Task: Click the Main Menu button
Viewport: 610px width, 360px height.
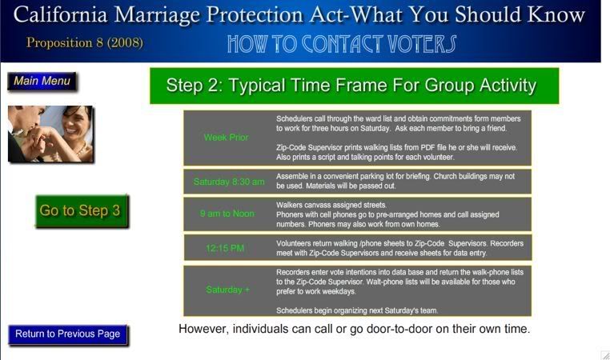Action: tap(42, 82)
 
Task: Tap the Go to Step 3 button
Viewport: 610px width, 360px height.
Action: tap(82, 210)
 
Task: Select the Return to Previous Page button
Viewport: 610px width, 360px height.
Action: tap(68, 334)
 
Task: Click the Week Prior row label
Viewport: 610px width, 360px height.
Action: tap(226, 138)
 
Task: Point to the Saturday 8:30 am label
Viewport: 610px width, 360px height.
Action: tap(229, 182)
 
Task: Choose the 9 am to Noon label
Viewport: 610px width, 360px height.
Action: tap(227, 214)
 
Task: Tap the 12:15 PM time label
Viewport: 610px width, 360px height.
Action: tap(225, 248)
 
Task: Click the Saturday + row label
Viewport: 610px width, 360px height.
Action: tap(227, 290)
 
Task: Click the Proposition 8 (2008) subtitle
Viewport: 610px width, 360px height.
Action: tap(84, 42)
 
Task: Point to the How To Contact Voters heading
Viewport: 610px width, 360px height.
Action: tap(342, 43)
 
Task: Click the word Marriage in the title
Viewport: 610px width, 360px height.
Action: tap(157, 15)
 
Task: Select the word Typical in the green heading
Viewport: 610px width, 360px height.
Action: tap(257, 86)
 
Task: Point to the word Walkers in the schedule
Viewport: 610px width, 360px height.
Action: tap(289, 205)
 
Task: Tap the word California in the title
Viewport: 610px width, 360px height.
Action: tap(60, 14)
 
